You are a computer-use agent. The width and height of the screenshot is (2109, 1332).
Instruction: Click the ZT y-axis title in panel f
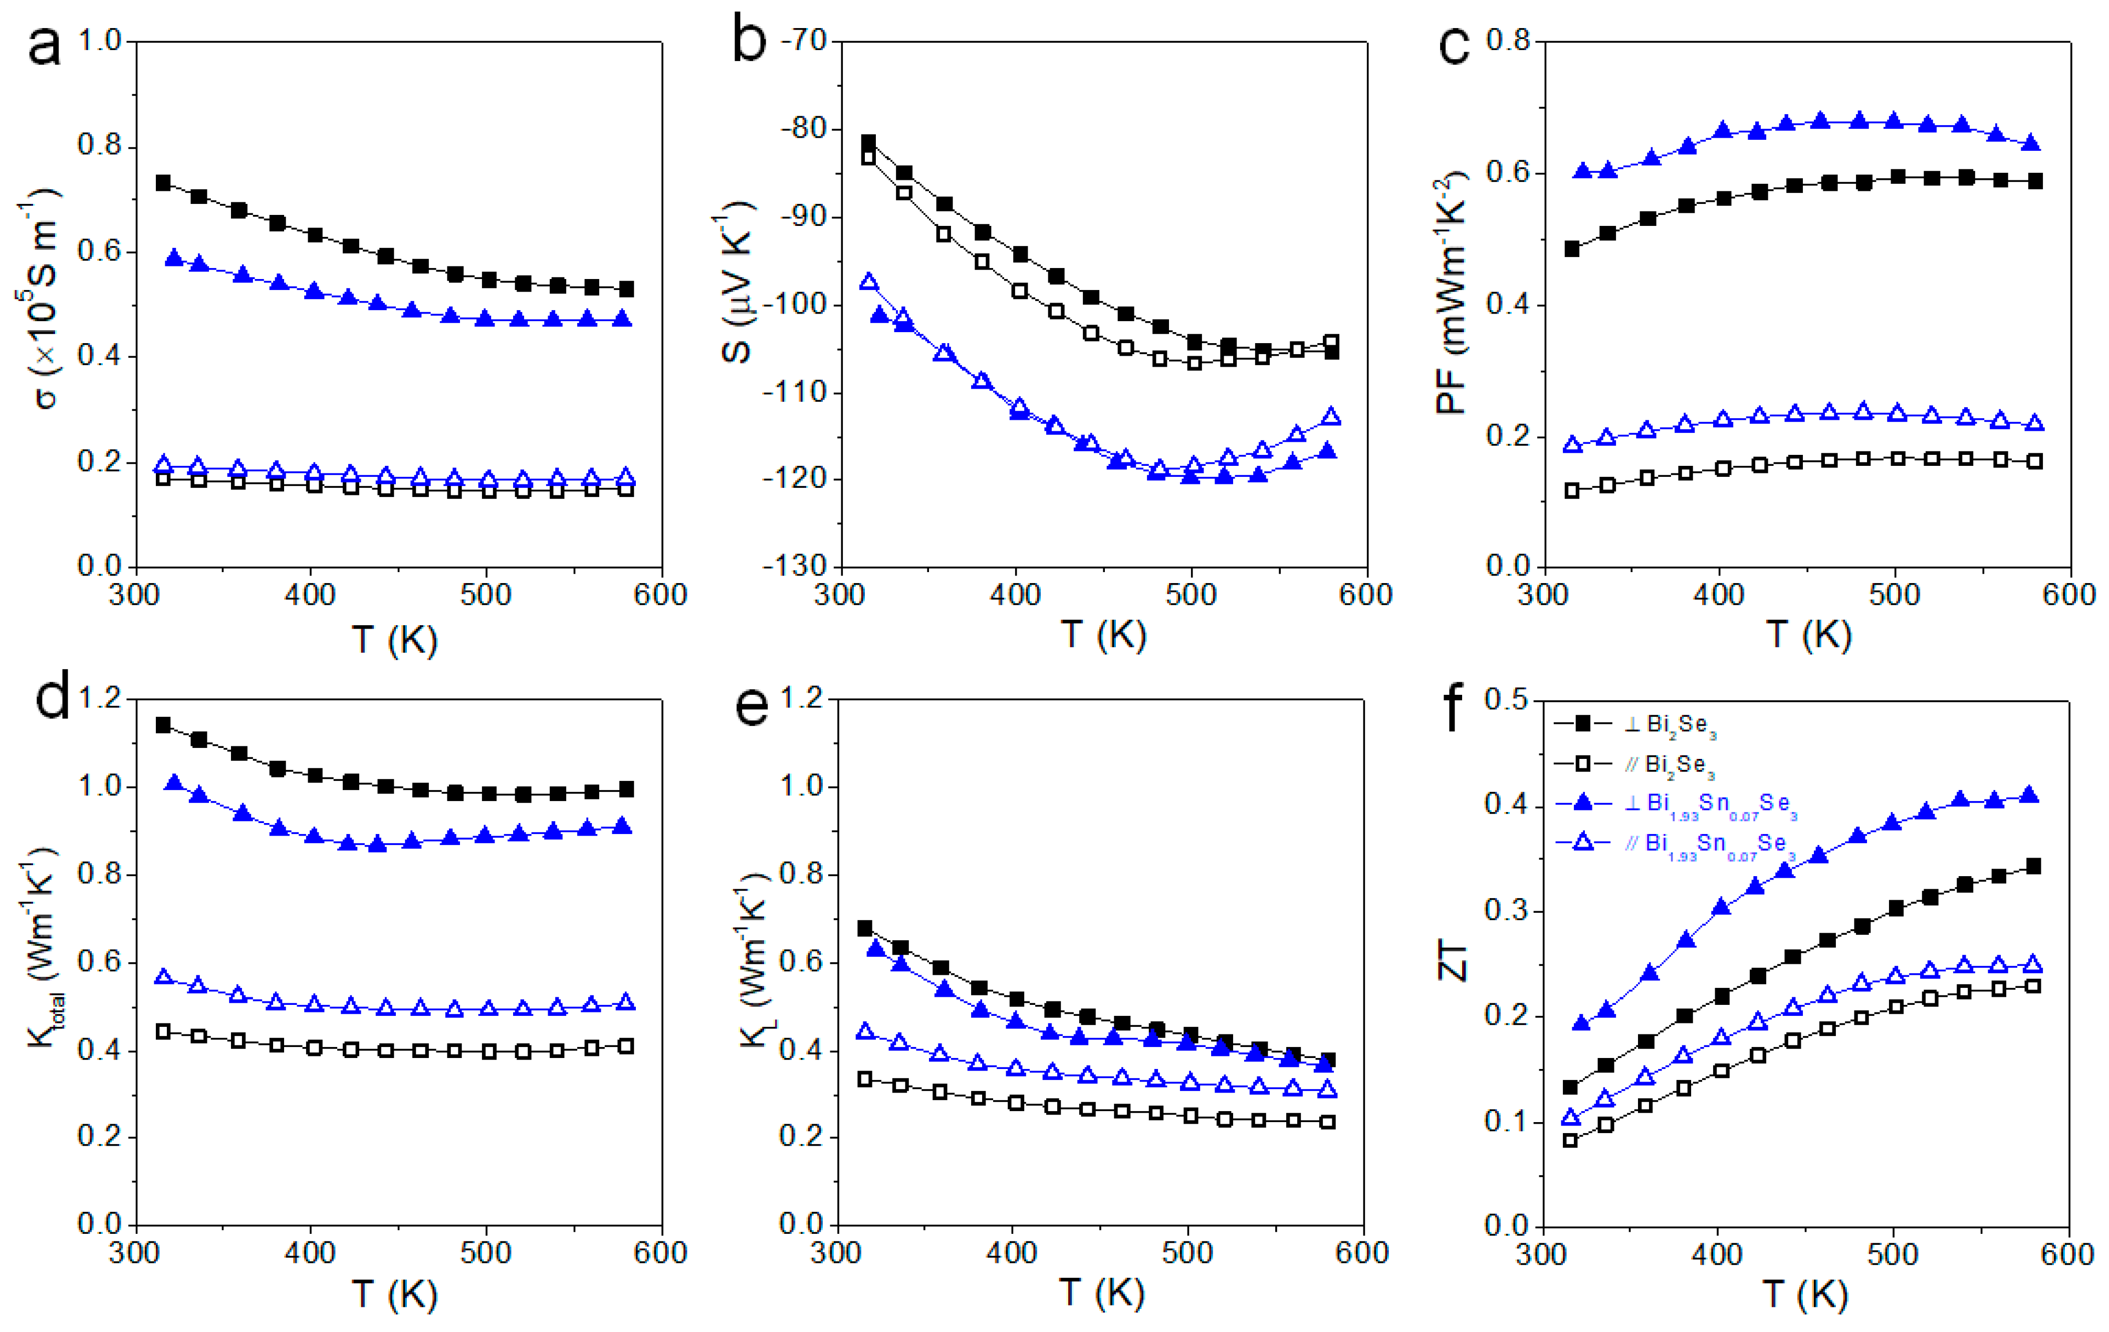[x=1454, y=963]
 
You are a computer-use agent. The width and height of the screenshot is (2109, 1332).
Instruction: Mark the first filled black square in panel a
[x=163, y=183]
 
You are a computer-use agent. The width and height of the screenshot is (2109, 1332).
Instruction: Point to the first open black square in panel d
[x=163, y=1031]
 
